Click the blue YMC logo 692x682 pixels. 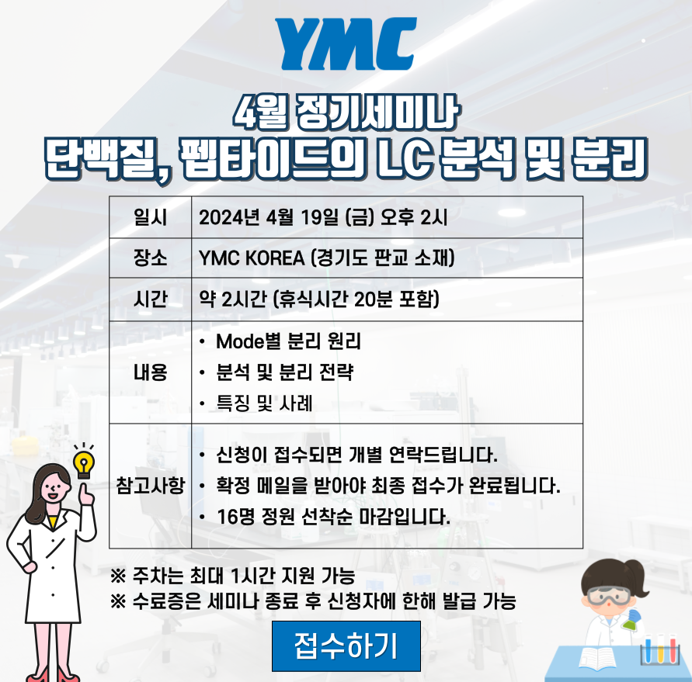click(346, 43)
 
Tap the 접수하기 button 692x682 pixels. click(346, 646)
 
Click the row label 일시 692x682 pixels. click(150, 217)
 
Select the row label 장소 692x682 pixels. click(150, 258)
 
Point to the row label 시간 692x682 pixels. click(150, 299)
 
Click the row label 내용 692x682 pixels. click(150, 372)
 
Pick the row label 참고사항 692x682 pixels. click(150, 486)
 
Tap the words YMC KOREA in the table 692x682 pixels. click(252, 258)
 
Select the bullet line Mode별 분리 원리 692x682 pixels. click(288, 341)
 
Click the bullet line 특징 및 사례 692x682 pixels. click(264, 403)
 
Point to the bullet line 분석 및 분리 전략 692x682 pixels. click(285, 372)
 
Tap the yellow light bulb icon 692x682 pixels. click(83, 464)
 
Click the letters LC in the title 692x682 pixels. click(403, 158)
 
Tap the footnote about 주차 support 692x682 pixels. click(232, 575)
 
